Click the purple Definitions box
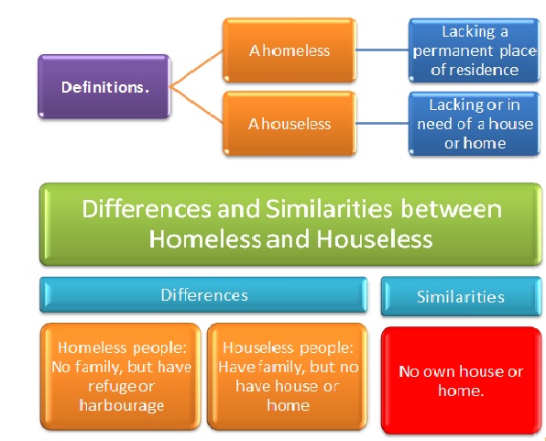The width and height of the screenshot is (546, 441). (104, 87)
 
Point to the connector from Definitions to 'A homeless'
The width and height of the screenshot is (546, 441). (196, 69)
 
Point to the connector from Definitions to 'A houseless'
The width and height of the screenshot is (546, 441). (196, 105)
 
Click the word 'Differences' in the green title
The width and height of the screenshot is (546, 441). (141, 210)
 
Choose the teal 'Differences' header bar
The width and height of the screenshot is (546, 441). (204, 295)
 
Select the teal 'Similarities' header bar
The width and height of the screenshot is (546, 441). (460, 297)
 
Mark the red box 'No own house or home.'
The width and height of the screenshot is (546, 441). (461, 380)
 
